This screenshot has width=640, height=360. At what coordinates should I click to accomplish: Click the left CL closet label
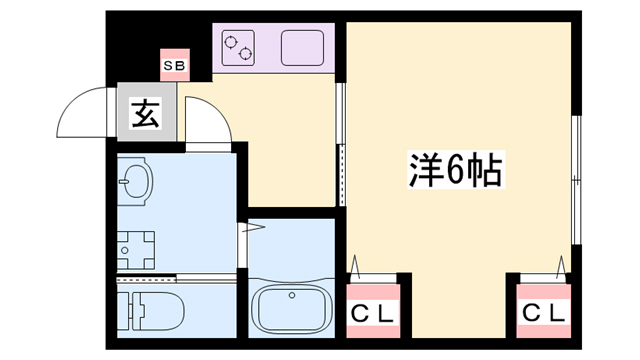coord(372,312)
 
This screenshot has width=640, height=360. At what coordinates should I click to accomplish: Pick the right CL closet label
coord(544,312)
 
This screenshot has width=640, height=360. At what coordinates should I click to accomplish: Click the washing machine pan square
coord(137,245)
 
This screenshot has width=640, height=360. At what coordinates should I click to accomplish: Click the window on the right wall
coord(576,180)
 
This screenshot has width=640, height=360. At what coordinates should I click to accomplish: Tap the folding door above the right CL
coord(544,267)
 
